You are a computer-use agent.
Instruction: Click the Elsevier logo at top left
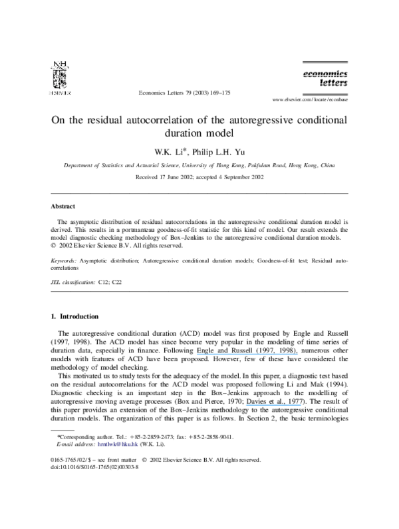pos(60,78)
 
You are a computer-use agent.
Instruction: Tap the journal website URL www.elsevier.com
pos(310,99)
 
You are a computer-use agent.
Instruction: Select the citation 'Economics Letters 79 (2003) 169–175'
pos(184,93)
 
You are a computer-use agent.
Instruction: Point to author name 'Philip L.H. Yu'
pos(219,152)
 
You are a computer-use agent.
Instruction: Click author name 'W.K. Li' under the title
pos(169,152)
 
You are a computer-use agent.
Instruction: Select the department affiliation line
pos(199,165)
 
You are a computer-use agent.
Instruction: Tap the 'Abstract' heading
pos(63,206)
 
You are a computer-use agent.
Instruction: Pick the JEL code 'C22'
pos(117,282)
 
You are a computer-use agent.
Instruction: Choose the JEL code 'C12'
pos(103,282)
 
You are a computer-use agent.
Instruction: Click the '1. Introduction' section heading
pos(74,316)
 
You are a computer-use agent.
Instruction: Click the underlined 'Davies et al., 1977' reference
pos(275,402)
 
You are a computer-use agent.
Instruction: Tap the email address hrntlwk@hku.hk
pos(118,444)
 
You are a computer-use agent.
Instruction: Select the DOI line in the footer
pos(94,467)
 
